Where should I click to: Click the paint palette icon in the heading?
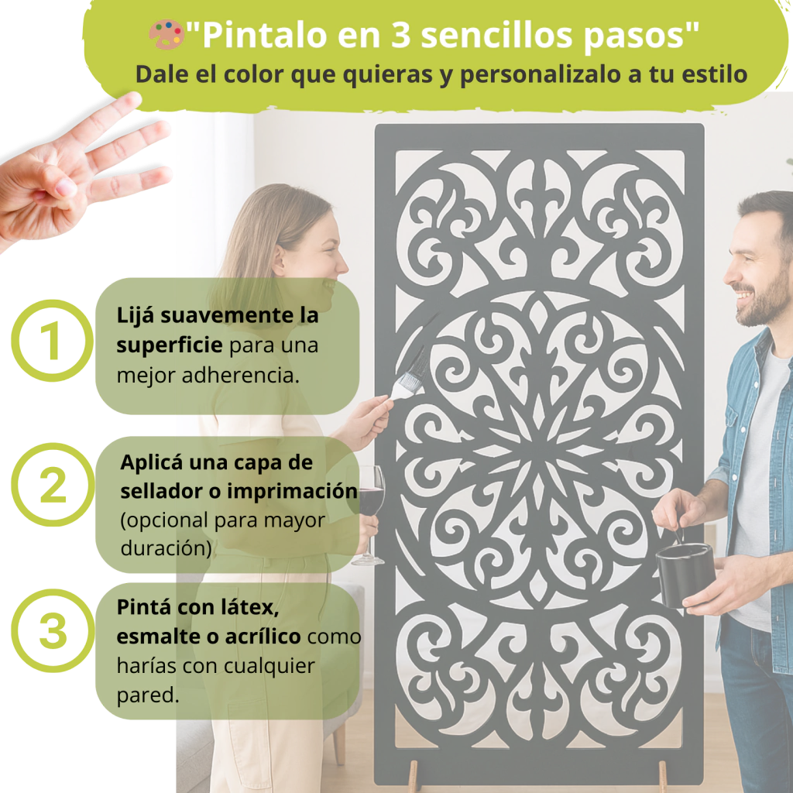click(166, 34)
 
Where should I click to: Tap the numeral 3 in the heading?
click(400, 35)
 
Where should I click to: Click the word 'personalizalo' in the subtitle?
click(540, 75)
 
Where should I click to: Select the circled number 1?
click(52, 341)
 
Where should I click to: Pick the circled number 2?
click(53, 485)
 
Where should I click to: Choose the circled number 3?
click(53, 630)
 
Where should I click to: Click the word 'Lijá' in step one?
click(135, 316)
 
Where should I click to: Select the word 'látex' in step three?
click(250, 607)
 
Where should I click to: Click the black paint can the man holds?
click(685, 575)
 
